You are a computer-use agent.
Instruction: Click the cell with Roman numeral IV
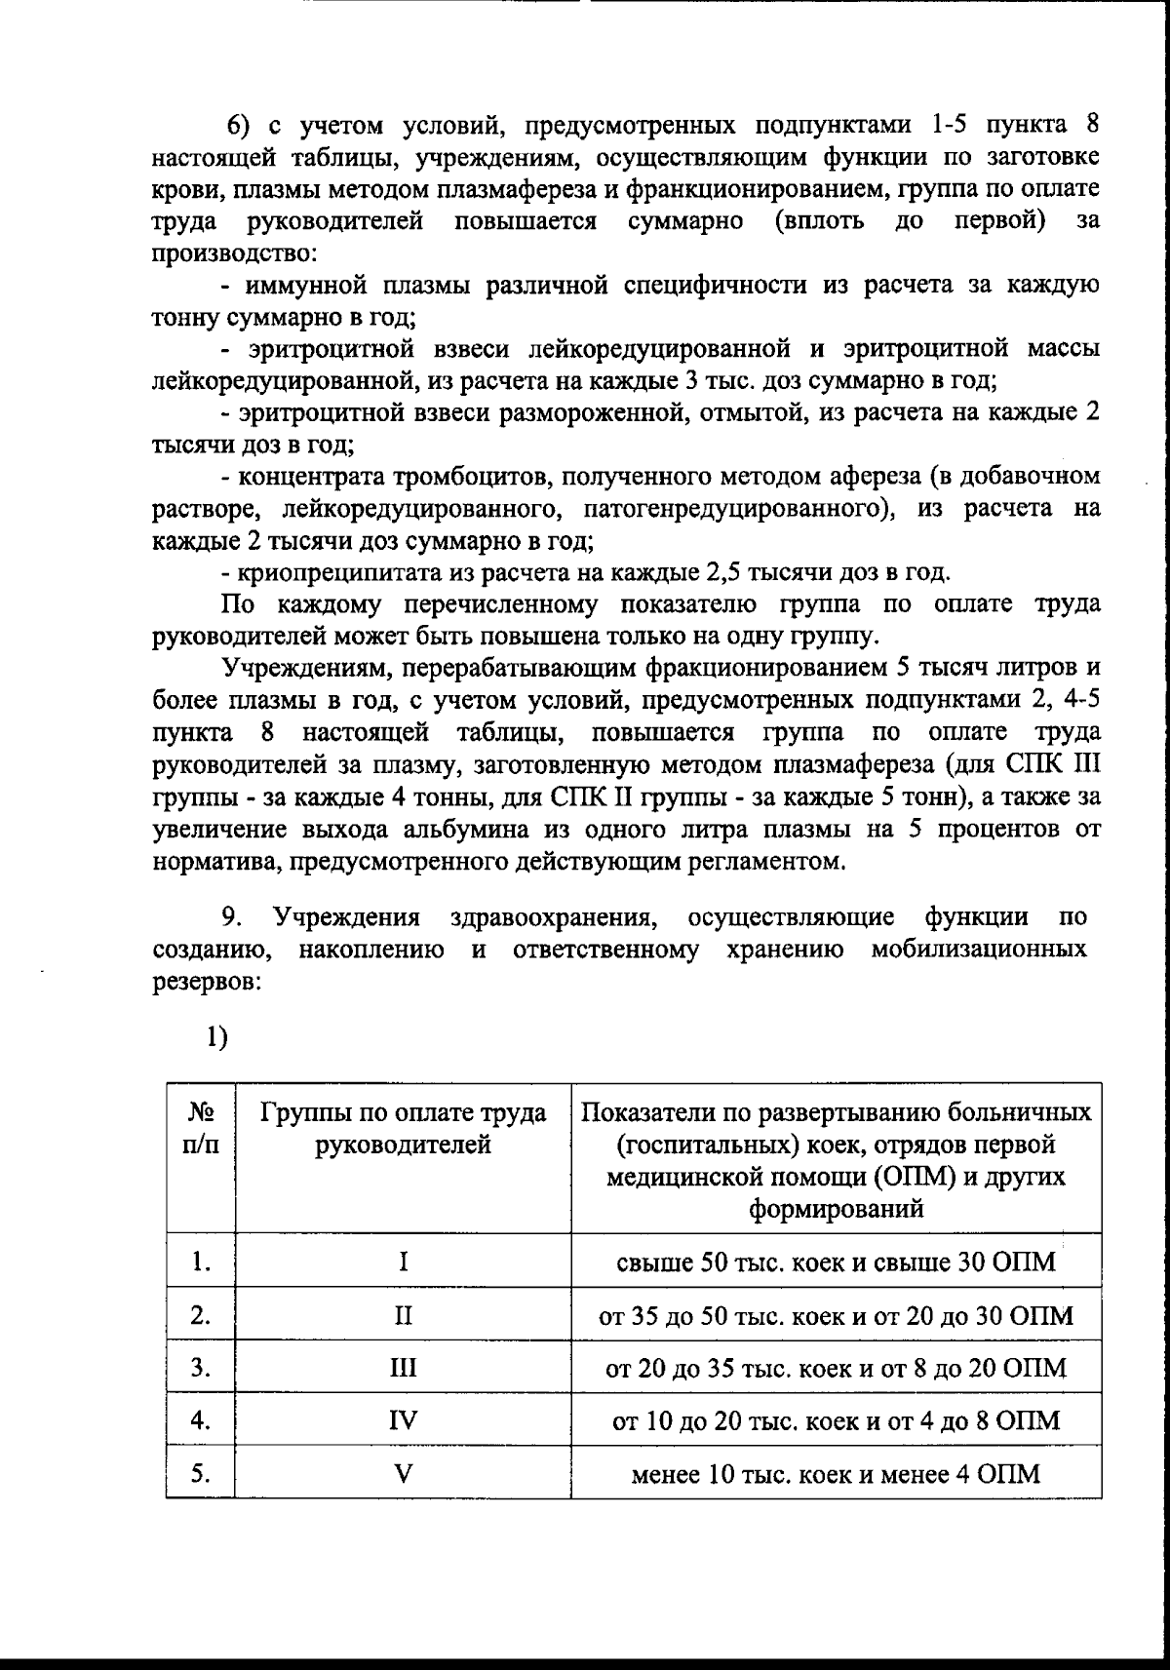click(403, 1420)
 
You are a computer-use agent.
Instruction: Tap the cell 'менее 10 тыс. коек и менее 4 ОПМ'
click(836, 1473)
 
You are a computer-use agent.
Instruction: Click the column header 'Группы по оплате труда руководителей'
click(403, 1129)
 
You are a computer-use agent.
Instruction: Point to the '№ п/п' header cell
click(200, 1129)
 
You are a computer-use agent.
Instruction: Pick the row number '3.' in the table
click(201, 1368)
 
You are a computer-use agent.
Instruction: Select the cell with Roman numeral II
click(403, 1316)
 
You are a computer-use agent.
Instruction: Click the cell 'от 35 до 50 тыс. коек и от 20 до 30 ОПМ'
click(836, 1316)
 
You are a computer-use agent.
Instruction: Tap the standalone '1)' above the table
click(216, 1037)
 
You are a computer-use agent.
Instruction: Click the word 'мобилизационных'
click(979, 950)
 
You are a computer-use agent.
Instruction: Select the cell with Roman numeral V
click(403, 1473)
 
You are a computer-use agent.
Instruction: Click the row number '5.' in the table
click(201, 1473)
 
